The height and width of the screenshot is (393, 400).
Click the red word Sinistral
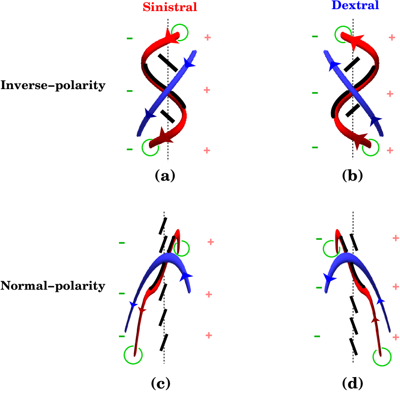[170, 7]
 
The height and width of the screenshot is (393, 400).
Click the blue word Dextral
[356, 5]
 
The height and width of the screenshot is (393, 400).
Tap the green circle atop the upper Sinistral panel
[180, 32]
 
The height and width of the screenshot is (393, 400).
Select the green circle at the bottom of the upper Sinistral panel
[150, 148]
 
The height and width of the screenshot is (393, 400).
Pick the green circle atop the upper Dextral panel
[343, 34]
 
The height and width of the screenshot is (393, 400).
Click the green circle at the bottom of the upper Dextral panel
[371, 148]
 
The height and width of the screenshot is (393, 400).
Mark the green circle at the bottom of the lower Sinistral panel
[133, 355]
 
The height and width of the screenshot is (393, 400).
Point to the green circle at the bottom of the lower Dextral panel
[382, 357]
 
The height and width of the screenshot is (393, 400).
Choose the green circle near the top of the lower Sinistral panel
[181, 249]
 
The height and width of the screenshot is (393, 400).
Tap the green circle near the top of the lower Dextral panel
[332, 249]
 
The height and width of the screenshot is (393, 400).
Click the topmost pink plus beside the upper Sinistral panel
[208, 38]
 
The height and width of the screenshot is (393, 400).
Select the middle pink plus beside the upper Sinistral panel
[207, 90]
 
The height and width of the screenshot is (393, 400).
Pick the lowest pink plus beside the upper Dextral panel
[390, 150]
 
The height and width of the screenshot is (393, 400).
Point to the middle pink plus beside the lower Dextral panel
[396, 287]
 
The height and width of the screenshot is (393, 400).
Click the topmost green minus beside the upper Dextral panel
[315, 37]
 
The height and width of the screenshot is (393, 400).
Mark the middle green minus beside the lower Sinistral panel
[121, 293]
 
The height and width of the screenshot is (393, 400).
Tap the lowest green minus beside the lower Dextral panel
[317, 336]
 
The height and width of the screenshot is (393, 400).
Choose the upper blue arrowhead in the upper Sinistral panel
[188, 63]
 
